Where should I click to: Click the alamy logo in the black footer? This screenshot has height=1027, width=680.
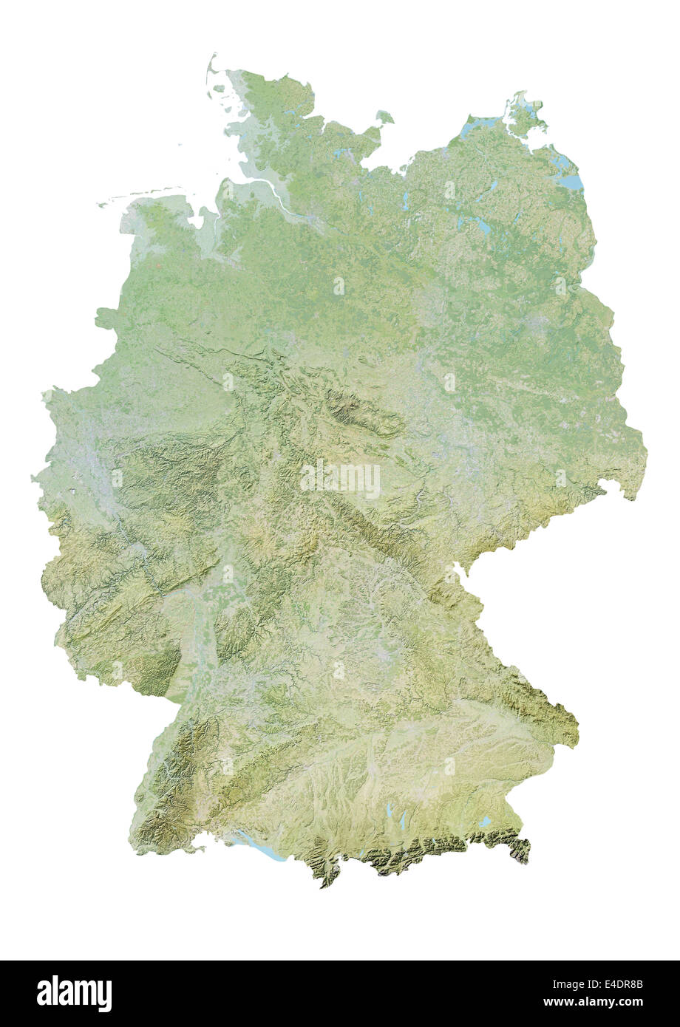tap(74, 994)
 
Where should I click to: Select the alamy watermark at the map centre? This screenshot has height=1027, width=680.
tap(341, 480)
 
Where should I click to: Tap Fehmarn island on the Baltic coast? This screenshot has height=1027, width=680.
tap(384, 117)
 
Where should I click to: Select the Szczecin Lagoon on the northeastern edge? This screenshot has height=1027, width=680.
tap(570, 180)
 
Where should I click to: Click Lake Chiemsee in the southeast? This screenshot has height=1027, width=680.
tap(484, 822)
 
